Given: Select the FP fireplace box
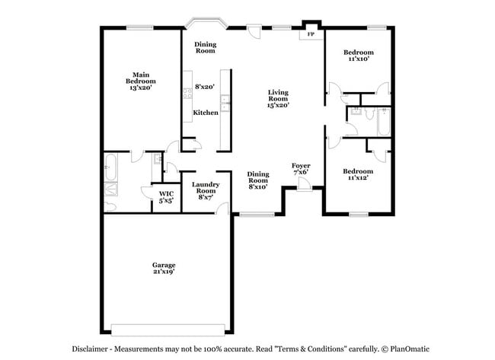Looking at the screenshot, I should pos(310,35).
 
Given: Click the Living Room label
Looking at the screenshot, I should pos(278,96).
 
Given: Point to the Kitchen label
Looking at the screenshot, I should pos(206,113).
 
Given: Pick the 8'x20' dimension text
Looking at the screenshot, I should pos(205,87).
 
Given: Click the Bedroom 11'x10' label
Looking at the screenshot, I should pos(358,56).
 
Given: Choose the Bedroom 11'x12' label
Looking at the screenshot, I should pos(357,174).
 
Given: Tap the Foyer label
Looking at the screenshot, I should pos(301,165).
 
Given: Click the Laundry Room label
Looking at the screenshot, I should pos(206,188).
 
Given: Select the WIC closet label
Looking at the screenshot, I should pos(166,195).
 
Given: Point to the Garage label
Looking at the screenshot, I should pos(163,265).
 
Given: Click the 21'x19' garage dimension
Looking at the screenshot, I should pos(163,272).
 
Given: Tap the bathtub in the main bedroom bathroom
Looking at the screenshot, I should pos(110,163).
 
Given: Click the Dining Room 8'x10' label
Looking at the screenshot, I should pos(258,179).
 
